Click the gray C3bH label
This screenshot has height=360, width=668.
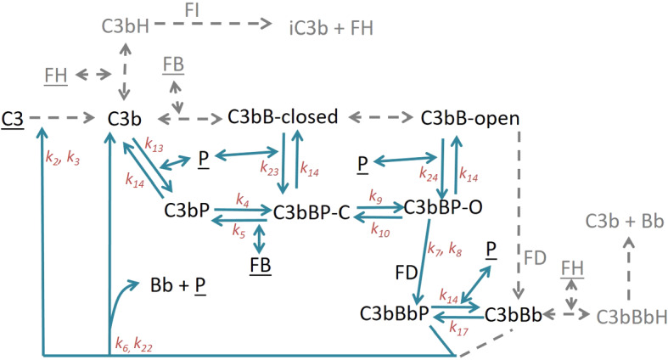(126, 26)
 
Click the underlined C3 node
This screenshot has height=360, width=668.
(13, 120)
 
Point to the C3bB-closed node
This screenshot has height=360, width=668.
(283, 117)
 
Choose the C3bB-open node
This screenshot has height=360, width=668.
(470, 117)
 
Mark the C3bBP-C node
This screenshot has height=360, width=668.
(311, 211)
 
